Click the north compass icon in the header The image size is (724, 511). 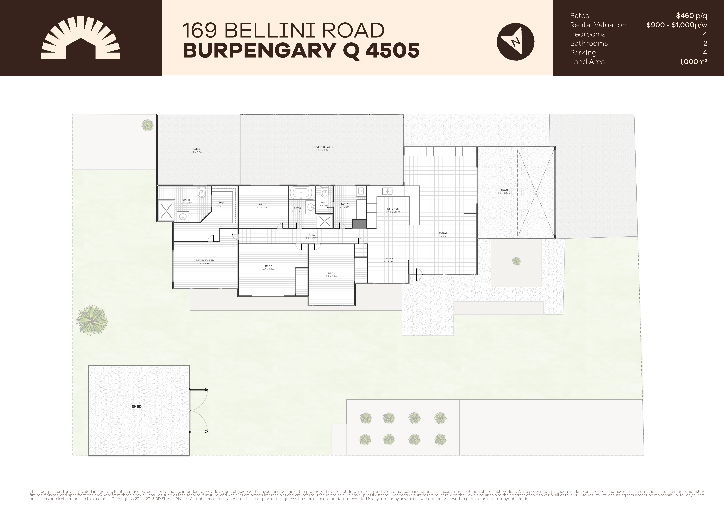point(515,41)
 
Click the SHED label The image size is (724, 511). point(137,407)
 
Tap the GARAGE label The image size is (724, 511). point(504,190)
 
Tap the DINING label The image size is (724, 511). point(388,258)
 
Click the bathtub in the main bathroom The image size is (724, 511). point(301,192)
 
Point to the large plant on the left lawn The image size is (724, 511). point(92,320)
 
